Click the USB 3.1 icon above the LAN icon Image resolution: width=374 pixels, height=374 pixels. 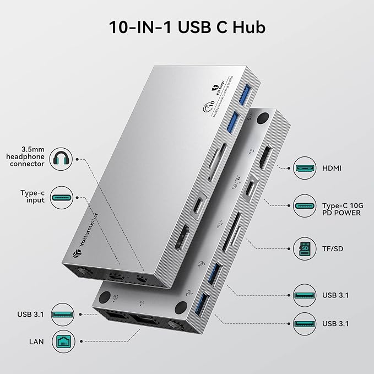62,315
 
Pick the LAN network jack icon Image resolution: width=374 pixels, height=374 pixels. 62,342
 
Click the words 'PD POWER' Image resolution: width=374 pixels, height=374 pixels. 341,213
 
